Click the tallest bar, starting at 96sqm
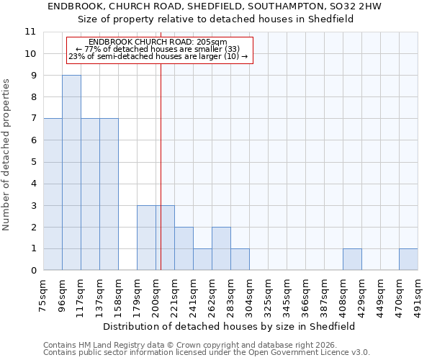pyautogui.click(x=71, y=173)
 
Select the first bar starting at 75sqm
pyautogui.click(x=53, y=194)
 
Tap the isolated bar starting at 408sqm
pyautogui.click(x=352, y=260)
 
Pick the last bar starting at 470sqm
pyautogui.click(x=408, y=260)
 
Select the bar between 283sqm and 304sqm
pyautogui.click(x=240, y=260)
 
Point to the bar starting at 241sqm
pyautogui.click(x=202, y=260)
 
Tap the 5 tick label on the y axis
pyautogui.click(x=33, y=162)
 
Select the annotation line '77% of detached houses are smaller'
pyautogui.click(x=158, y=49)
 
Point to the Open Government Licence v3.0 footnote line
pyautogui.click(x=207, y=353)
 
